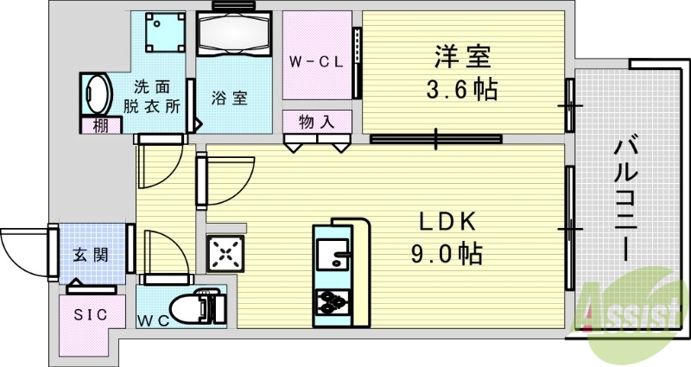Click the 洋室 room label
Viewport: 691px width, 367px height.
(462, 59)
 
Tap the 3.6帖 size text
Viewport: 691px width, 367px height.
(462, 89)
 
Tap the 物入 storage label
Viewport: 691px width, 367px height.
(317, 122)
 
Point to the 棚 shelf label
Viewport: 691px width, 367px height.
(102, 125)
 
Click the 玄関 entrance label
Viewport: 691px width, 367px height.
(90, 256)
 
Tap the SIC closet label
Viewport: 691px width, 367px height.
(90, 314)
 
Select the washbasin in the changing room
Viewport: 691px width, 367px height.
(98, 94)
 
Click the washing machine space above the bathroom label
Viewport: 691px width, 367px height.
(162, 33)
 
